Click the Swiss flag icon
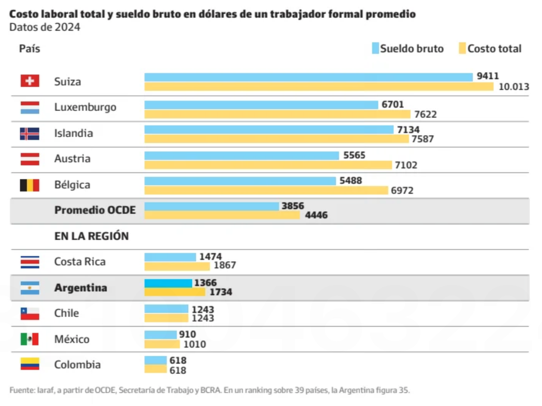coord(30,81)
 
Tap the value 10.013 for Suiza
coord(514,87)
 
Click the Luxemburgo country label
coord(85,107)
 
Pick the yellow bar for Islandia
coord(276,139)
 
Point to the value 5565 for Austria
coord(354,155)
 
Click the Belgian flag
coord(30,185)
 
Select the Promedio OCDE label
coord(95,210)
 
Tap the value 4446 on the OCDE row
coord(316,215)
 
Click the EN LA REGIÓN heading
coord(91,236)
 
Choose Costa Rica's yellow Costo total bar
coord(177,266)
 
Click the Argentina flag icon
coord(30,288)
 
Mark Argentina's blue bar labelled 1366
coord(168,283)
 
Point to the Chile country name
coord(67,313)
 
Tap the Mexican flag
coord(30,339)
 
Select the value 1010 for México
coord(195,344)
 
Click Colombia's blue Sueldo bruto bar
coord(155,360)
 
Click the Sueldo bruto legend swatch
coord(375,48)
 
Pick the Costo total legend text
coord(494,49)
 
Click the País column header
coord(30,49)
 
